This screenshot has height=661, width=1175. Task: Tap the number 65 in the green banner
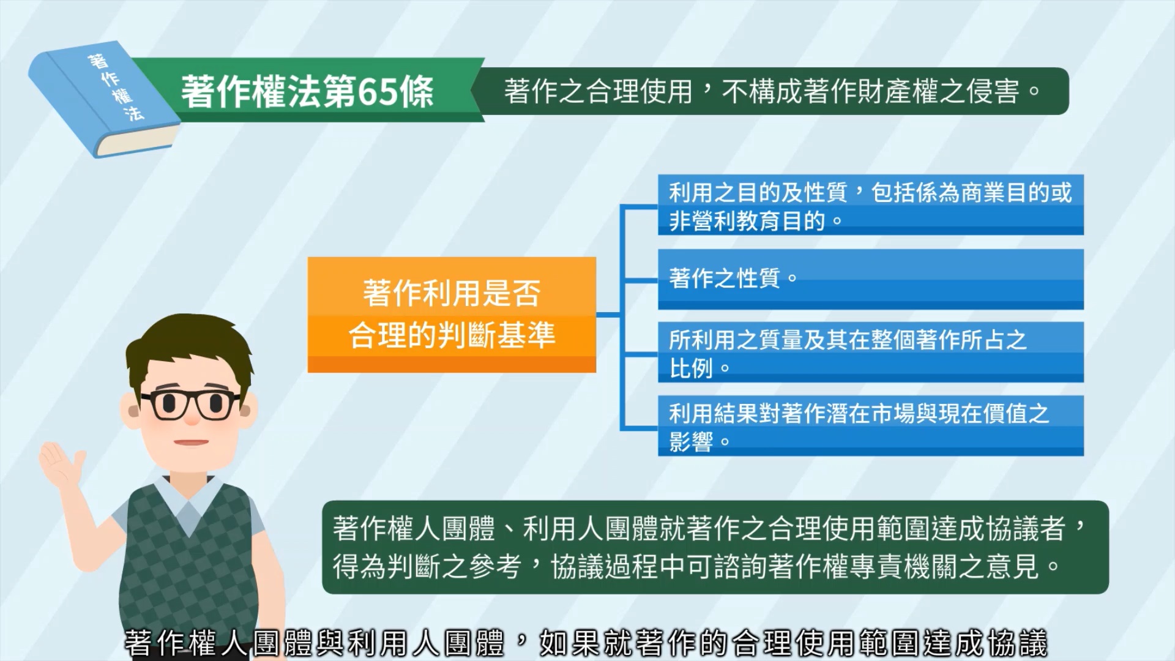(378, 92)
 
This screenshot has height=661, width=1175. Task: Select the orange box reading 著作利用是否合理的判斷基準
(452, 315)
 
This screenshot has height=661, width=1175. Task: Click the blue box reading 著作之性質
(870, 279)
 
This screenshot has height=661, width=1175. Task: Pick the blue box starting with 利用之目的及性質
(870, 205)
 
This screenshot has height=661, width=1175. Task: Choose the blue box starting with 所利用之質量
(870, 353)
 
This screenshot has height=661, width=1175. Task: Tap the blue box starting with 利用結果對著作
(870, 426)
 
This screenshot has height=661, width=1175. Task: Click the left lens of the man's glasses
(167, 405)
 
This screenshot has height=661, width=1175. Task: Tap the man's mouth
(191, 443)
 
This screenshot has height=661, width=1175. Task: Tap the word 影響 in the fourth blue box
(691, 441)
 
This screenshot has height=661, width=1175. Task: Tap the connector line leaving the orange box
(608, 315)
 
